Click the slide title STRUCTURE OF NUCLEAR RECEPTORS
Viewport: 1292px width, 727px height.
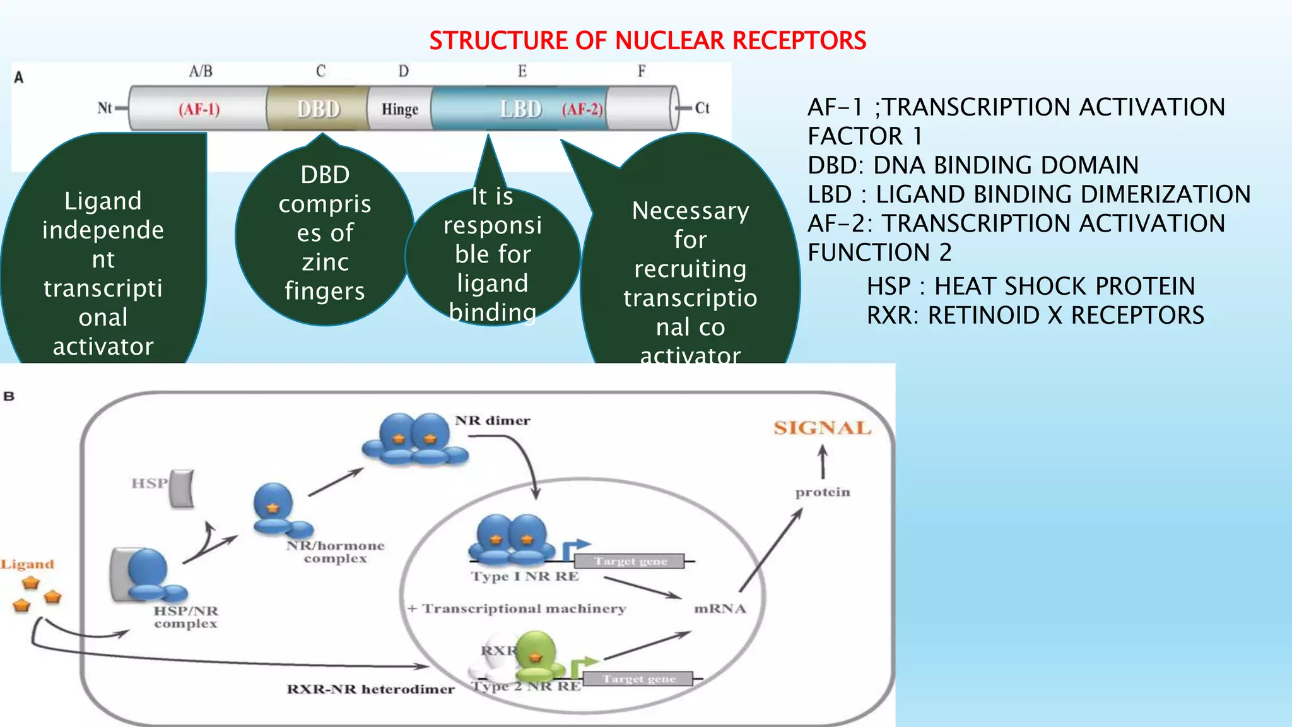(x=647, y=41)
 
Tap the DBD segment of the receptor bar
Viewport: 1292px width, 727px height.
(x=318, y=109)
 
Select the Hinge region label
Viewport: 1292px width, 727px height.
(x=399, y=109)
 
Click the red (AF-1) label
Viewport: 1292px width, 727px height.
(x=199, y=109)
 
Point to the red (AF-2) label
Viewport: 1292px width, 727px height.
(x=582, y=109)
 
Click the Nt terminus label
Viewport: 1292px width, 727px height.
(x=104, y=108)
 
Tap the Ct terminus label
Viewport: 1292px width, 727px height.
(x=702, y=108)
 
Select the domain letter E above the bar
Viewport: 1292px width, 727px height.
(x=522, y=71)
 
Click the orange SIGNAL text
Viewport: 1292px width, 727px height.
(x=822, y=428)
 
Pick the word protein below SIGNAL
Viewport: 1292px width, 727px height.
(x=822, y=492)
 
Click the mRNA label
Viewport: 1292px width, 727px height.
(x=720, y=608)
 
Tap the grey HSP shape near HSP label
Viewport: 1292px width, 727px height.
(x=182, y=488)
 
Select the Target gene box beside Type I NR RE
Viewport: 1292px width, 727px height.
(x=630, y=561)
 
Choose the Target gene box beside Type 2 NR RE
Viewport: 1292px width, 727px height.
(x=638, y=679)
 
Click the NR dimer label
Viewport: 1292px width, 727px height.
(x=492, y=420)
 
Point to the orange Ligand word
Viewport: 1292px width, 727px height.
(x=27, y=564)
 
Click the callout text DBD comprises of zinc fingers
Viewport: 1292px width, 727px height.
(x=324, y=232)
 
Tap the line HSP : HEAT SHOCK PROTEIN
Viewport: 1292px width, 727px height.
(x=1030, y=287)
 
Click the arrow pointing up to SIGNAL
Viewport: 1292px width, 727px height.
(x=822, y=462)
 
